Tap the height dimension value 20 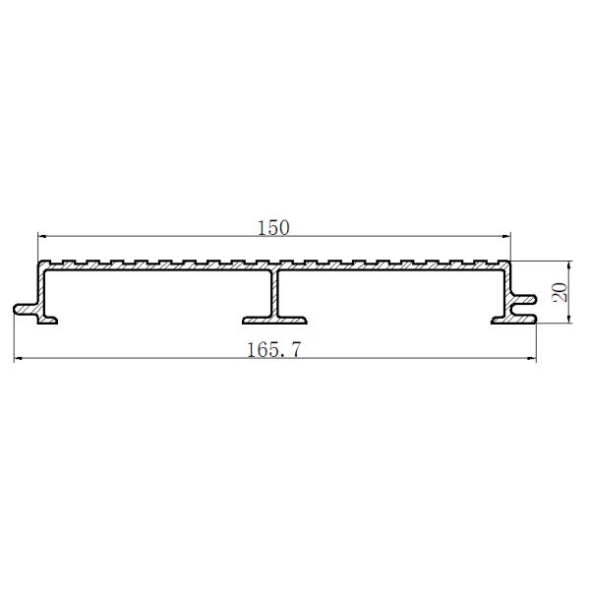coord(561,292)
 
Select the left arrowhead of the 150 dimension coord(41,236)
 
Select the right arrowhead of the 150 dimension coord(507,236)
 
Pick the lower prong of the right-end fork coord(527,317)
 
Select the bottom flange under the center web coord(274,317)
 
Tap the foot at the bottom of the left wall coord(46,317)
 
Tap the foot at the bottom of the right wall coord(503,317)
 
